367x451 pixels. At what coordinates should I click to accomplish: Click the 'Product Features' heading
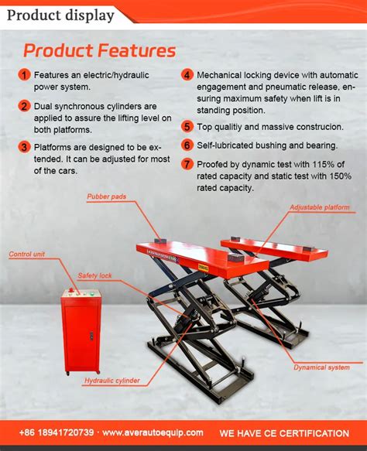(x=99, y=50)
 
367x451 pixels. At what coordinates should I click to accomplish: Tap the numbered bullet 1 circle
(x=24, y=75)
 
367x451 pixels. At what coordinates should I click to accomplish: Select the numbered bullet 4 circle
(x=187, y=75)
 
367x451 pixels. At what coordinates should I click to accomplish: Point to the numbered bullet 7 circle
(x=187, y=164)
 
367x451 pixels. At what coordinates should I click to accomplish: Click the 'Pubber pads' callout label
(x=107, y=196)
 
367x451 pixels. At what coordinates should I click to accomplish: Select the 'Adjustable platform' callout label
(x=320, y=207)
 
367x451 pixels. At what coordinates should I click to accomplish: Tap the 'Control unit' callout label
(x=27, y=255)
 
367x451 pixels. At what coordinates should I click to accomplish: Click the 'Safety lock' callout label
(x=94, y=275)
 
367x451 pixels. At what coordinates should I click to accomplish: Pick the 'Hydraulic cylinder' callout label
(x=112, y=381)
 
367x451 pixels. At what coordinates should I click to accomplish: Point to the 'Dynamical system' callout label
(x=321, y=367)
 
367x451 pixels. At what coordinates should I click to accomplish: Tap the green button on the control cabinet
(x=92, y=294)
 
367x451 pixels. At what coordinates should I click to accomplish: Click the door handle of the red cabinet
(x=91, y=336)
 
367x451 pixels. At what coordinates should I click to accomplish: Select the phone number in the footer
(x=57, y=432)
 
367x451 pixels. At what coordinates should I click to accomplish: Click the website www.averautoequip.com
(x=153, y=432)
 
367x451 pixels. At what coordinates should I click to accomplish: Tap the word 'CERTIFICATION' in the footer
(x=314, y=433)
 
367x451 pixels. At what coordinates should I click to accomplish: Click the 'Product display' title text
(x=60, y=15)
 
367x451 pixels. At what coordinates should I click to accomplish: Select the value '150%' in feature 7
(x=341, y=176)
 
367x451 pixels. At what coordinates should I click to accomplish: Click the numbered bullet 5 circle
(x=187, y=127)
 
